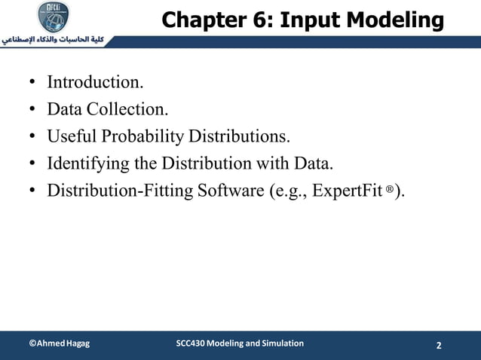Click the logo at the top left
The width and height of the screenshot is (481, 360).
coord(56,16)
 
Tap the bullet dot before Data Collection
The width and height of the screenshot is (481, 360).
coord(33,109)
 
